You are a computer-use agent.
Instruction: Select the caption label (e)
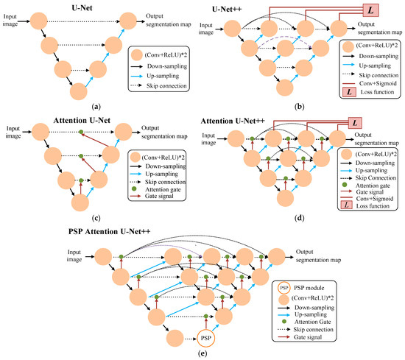point(202,355)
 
